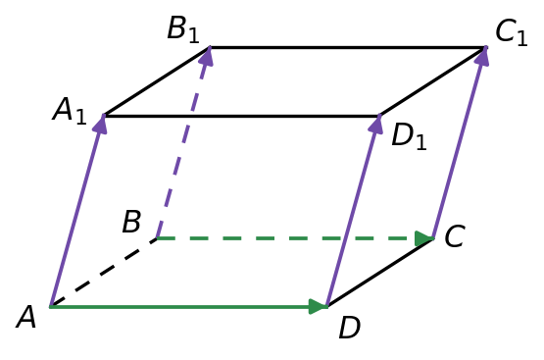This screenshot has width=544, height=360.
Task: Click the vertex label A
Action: (x=26, y=317)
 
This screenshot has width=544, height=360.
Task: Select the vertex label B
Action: (x=131, y=221)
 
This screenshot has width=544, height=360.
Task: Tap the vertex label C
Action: (x=455, y=236)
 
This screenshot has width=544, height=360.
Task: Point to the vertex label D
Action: (x=350, y=328)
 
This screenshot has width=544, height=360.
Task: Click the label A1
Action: (x=69, y=111)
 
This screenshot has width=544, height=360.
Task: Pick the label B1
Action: (x=183, y=29)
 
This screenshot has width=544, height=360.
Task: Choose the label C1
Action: (x=512, y=33)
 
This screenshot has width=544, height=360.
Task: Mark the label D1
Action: (x=409, y=136)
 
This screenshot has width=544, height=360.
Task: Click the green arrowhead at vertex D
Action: (x=319, y=306)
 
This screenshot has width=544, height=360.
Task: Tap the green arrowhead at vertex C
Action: (x=424, y=238)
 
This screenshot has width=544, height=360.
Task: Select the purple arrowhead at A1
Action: (x=101, y=124)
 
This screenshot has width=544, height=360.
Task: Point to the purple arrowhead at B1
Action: (x=207, y=56)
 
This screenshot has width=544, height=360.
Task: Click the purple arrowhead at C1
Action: (x=482, y=56)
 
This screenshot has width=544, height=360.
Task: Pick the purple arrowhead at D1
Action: (x=376, y=124)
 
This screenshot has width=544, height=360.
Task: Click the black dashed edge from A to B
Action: (x=103, y=273)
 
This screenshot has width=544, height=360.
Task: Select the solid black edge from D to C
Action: (x=380, y=273)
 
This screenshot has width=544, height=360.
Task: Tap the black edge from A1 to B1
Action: (x=157, y=81)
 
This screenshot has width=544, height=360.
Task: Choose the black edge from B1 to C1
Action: (x=348, y=47)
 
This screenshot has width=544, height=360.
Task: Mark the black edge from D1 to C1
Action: (x=432, y=81)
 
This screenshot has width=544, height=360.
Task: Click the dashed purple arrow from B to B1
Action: (x=183, y=142)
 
